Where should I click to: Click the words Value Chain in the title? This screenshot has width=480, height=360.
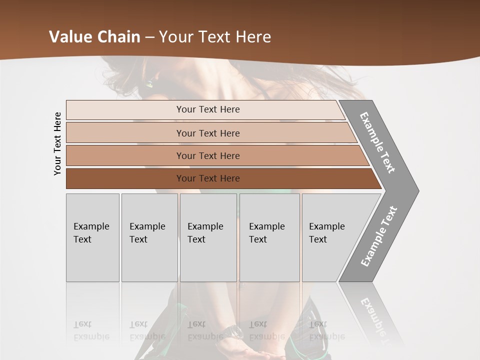94,36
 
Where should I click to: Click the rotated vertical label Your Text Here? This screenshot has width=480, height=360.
57,144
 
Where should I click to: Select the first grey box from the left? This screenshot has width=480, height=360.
92,237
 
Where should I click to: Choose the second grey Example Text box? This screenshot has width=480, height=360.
149,237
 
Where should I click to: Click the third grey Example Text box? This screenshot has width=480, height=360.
208,237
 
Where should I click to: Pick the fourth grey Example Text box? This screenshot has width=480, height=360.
269,237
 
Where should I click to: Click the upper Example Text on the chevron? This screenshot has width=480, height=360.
377,142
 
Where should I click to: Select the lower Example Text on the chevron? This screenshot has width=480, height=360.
379,236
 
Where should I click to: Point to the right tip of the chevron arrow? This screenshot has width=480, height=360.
417,190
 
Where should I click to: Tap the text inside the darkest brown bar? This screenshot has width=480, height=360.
208,178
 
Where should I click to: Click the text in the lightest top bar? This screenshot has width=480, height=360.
208,109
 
